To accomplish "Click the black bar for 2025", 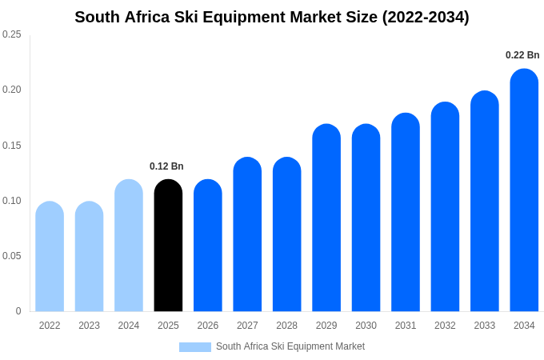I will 168,246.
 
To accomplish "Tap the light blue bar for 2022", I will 50,257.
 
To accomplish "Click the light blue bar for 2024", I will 129,246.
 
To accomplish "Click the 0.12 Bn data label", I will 166,166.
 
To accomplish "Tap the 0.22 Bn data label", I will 522,55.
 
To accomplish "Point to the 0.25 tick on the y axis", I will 12,34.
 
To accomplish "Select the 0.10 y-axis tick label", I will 12,201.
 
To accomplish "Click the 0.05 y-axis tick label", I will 12,256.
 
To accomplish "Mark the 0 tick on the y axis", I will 18,311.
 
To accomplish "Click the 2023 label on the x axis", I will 89,326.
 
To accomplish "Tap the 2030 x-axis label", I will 366,326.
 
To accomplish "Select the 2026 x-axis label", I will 208,326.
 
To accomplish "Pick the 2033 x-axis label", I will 484,326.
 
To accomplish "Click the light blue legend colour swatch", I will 195,347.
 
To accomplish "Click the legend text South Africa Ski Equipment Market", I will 290,346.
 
